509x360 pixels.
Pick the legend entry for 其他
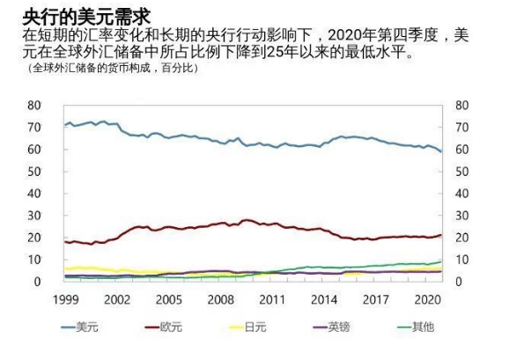pyautogui.click(x=424, y=327)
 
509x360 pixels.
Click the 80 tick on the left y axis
pyautogui.click(x=34, y=105)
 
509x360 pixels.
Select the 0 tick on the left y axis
pyautogui.click(x=38, y=283)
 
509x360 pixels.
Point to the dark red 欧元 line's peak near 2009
pyautogui.click(x=247, y=220)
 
